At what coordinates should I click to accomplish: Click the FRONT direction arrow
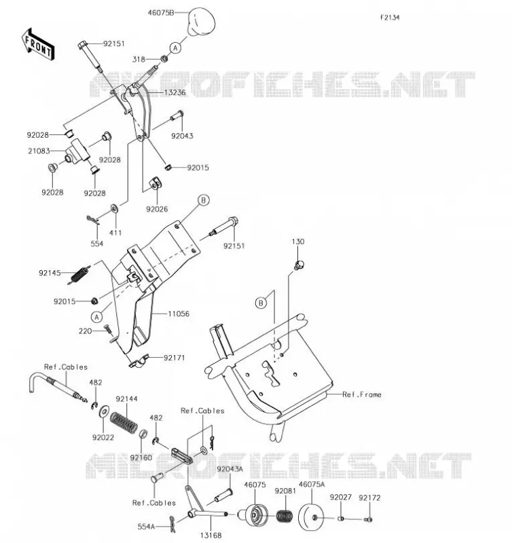38,45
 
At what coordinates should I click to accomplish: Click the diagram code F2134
390,18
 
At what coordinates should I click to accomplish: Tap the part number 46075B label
161,13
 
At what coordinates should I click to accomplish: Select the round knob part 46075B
201,22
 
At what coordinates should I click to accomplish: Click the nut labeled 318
164,59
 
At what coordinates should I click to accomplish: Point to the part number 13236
175,92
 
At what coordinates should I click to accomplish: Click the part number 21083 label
39,151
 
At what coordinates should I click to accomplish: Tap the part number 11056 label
179,314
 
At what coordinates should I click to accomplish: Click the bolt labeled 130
299,265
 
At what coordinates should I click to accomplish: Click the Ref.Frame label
362,394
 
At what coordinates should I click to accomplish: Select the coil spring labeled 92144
124,422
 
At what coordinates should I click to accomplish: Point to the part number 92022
103,437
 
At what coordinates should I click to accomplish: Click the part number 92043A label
230,469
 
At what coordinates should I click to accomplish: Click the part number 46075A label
312,485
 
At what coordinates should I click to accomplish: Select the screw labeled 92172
368,519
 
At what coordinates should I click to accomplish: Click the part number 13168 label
211,536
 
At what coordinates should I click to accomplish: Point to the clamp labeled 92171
139,361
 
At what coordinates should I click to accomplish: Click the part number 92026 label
157,209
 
